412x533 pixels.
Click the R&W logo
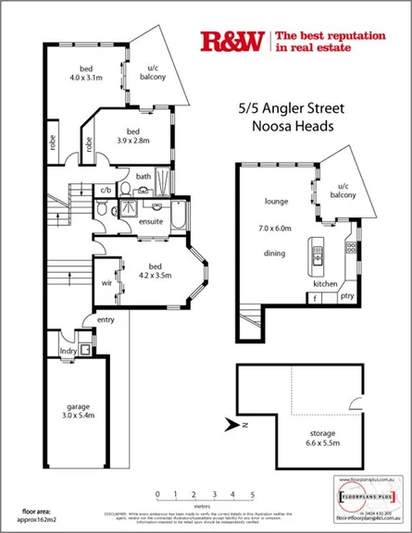pyautogui.click(x=231, y=41)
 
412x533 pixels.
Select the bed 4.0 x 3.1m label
pyautogui.click(x=86, y=74)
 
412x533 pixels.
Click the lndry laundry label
pyautogui.click(x=66, y=351)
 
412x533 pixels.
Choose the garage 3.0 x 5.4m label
pyautogui.click(x=72, y=411)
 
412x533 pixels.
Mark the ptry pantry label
pyautogui.click(x=347, y=296)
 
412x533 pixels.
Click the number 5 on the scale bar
pyautogui.click(x=252, y=495)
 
